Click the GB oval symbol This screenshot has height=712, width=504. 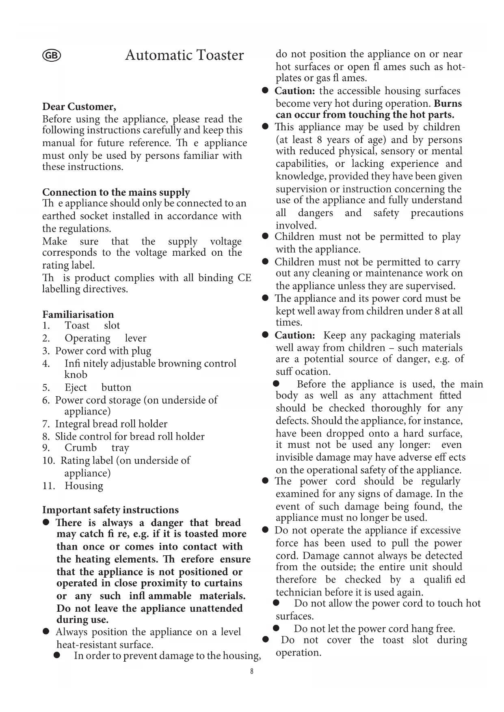point(52,56)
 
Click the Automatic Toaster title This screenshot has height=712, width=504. point(184,55)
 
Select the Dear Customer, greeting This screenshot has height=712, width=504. point(79,107)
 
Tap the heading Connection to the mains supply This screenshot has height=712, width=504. point(116,192)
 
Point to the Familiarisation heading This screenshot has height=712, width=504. point(78,315)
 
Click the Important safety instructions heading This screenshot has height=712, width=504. point(110,510)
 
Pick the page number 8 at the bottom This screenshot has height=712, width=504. point(252,671)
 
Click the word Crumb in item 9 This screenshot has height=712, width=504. point(81,448)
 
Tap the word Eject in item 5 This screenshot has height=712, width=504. point(76,387)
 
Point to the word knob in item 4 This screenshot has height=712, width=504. point(76,375)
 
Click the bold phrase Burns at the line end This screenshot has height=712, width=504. point(448,104)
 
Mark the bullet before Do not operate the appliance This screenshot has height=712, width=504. point(266,530)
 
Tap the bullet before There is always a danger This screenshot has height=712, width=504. point(46,522)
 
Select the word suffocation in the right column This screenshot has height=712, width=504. point(303,372)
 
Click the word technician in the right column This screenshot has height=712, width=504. point(299,592)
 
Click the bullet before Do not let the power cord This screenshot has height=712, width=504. point(276,628)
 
